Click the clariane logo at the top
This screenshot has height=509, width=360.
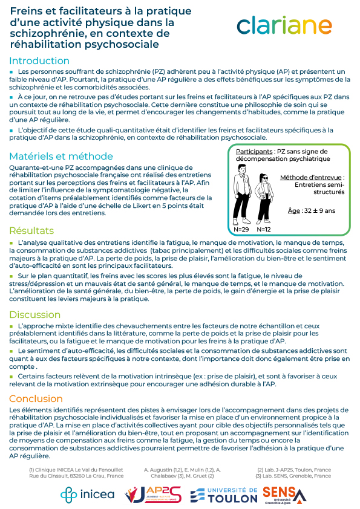pos(284,25)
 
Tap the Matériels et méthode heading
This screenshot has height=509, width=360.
pos(61,156)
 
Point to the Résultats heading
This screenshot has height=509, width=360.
pos(31,230)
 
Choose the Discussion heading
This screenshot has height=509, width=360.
pos(35,314)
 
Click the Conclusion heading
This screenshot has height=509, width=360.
pos(36,398)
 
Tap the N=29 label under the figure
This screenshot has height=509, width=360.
pos(242,230)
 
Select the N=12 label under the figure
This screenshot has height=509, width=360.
pos(264,230)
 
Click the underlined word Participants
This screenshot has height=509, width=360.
pos(254,151)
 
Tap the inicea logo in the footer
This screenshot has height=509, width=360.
pos(87,494)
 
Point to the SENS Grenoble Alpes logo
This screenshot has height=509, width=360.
pos(284,494)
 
